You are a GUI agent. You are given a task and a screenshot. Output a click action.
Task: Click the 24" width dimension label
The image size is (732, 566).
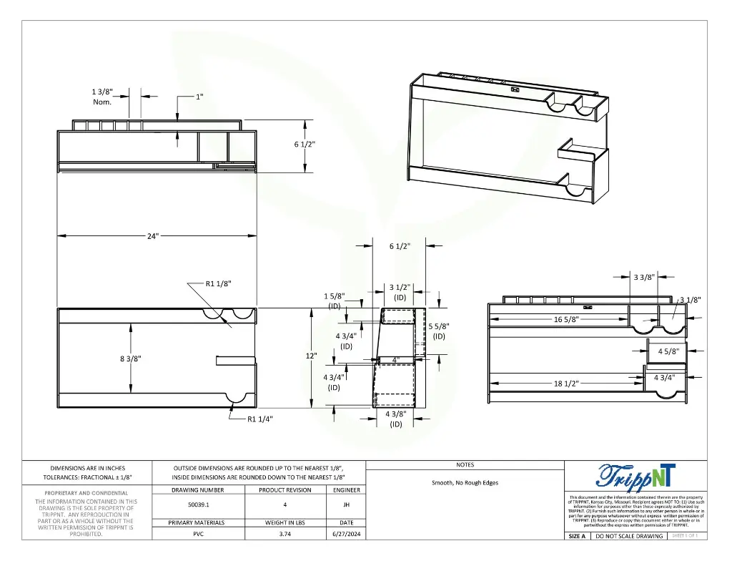153,235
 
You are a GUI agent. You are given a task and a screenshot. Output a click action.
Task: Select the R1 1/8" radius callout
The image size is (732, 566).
218,283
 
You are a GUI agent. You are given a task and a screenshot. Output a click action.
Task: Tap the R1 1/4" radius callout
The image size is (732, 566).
259,419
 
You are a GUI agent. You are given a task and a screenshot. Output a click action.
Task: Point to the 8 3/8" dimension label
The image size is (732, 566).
130,358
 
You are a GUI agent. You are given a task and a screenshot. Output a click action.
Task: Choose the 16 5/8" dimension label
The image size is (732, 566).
566,319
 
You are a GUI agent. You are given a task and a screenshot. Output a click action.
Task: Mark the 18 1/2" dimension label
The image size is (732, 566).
566,384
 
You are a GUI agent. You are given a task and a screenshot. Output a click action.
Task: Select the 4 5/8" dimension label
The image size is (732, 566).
668,351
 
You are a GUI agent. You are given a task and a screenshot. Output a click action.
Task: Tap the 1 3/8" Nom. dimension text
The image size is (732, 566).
102,97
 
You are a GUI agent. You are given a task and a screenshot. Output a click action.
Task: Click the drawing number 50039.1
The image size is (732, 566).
198,504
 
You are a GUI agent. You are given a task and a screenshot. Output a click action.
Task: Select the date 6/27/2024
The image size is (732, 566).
346,535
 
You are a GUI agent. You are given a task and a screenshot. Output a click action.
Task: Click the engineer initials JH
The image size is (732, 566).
346,504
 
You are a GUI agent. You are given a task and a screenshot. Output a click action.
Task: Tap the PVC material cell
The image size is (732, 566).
198,535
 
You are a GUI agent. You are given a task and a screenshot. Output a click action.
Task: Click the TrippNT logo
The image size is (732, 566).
635,476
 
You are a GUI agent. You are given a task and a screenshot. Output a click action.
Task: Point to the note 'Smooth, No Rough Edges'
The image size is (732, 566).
465,483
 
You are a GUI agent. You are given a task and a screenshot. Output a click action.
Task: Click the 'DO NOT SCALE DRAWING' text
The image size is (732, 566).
629,536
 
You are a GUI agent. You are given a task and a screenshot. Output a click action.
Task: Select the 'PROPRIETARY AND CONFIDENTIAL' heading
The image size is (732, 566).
86,493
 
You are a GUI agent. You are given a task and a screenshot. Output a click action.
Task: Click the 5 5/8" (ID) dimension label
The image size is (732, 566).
439,331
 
